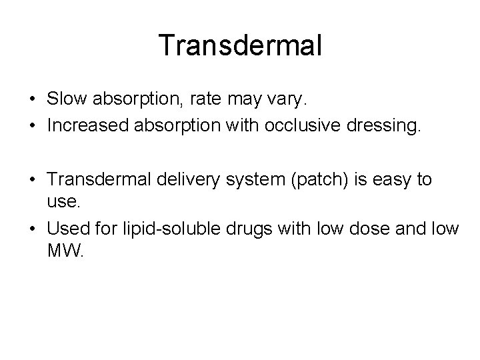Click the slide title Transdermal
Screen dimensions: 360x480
click(x=241, y=46)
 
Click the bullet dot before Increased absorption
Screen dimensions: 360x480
click(x=32, y=125)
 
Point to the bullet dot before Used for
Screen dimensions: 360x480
click(x=32, y=229)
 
